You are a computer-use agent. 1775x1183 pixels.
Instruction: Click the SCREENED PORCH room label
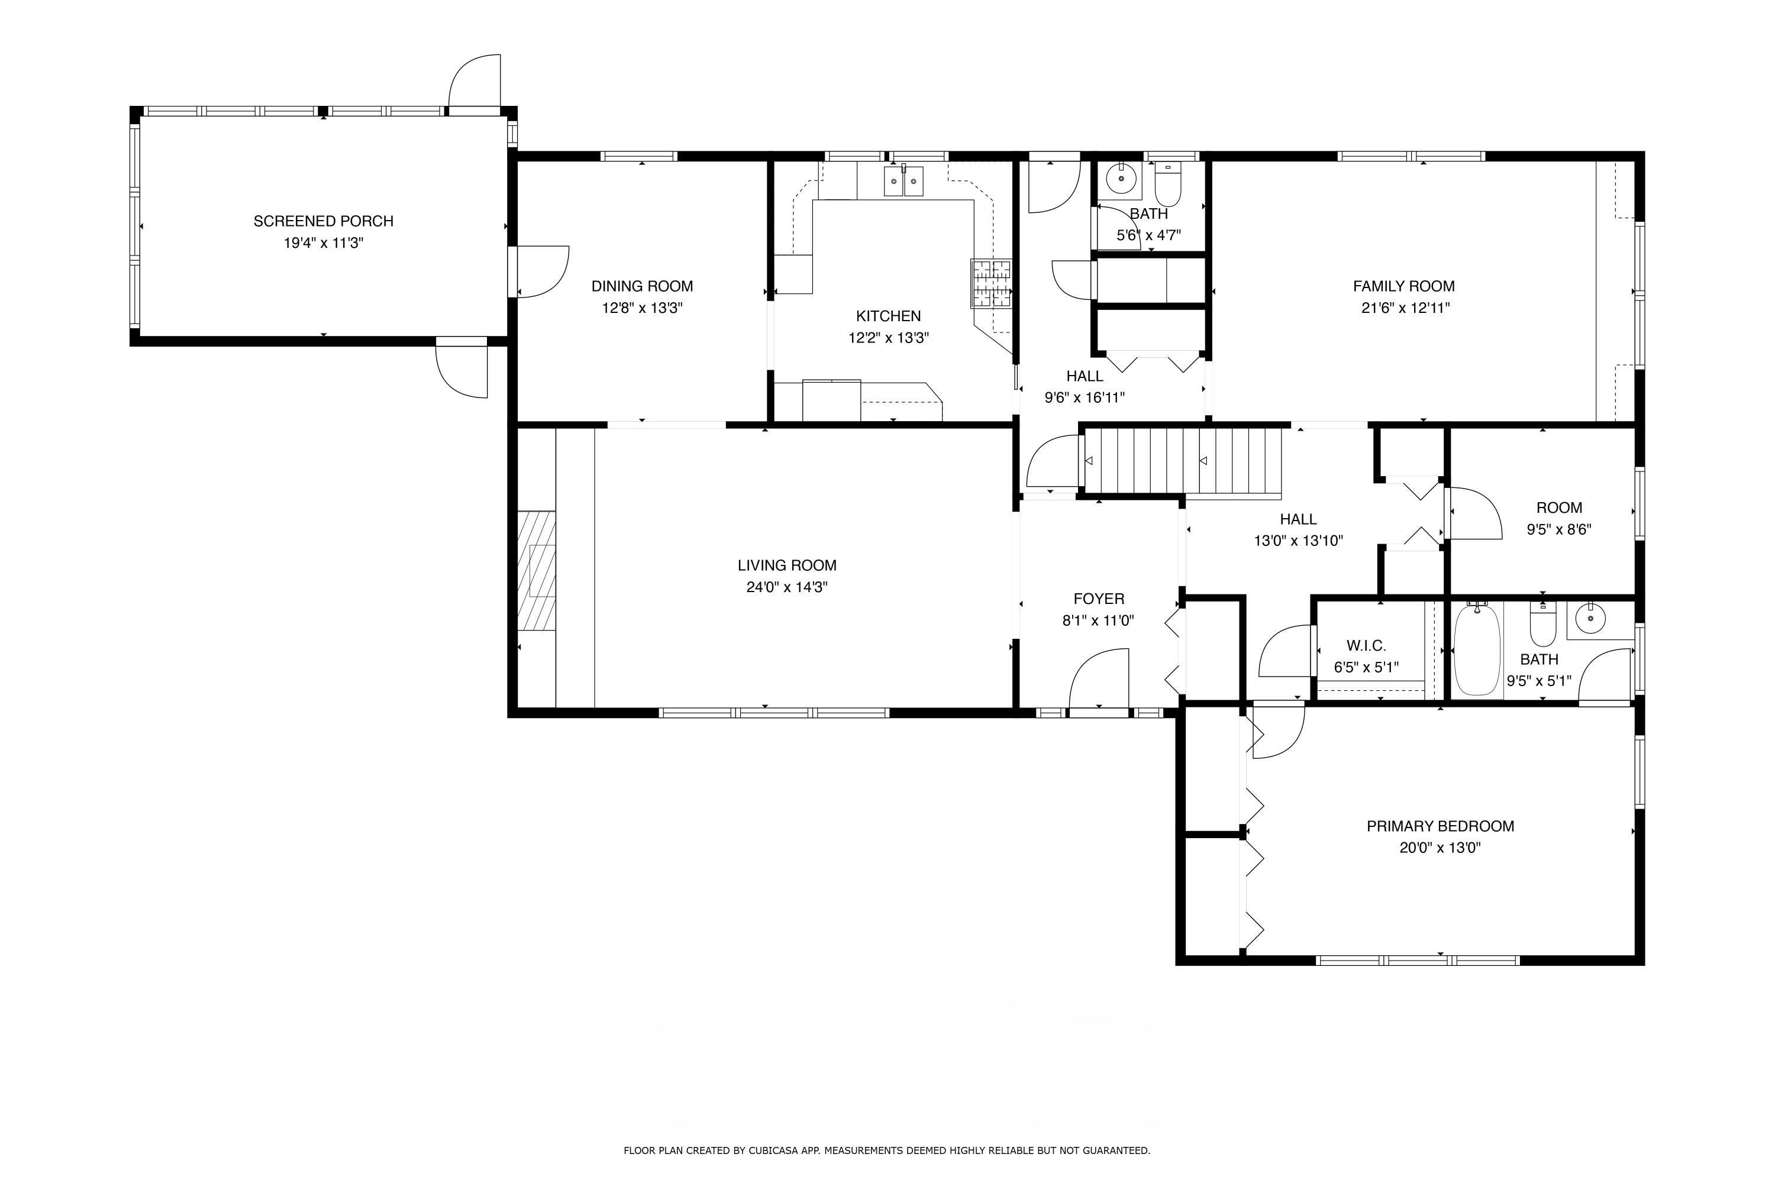coord(323,221)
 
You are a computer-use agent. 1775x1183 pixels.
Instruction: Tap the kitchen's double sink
coord(903,182)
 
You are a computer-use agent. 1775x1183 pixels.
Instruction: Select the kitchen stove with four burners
coord(991,284)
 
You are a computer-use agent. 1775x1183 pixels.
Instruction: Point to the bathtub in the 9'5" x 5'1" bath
coord(1477,649)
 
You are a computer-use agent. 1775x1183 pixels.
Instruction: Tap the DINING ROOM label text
coord(642,286)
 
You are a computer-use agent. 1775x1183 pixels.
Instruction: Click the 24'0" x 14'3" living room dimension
coord(787,587)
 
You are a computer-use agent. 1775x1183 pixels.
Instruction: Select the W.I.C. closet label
coord(1366,646)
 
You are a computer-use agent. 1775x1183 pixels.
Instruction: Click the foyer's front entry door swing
coord(1099,679)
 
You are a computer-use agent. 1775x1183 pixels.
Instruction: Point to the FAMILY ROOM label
coord(1403,286)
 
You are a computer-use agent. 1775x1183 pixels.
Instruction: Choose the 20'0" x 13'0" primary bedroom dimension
coord(1440,847)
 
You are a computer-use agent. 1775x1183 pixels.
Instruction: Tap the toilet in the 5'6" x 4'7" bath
coord(1168,185)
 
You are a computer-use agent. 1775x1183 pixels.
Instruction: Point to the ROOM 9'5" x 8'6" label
coord(1559,518)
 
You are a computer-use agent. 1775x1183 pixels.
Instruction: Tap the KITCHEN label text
coord(888,316)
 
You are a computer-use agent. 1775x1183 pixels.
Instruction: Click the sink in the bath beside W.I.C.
coord(1591,619)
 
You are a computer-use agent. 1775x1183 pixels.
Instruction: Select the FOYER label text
coord(1099,599)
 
